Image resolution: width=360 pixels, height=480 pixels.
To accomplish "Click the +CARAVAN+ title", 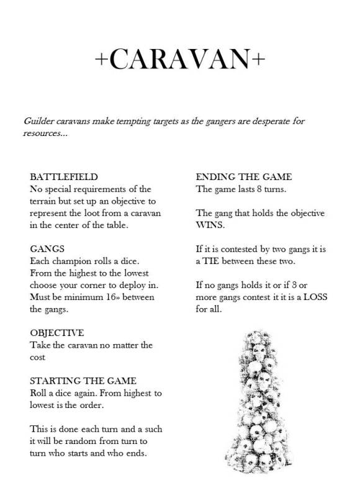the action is coord(180,60).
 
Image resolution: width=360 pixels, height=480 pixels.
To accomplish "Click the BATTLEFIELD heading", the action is coord(64,177).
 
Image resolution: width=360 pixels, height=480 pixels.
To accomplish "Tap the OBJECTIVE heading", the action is coord(56,333).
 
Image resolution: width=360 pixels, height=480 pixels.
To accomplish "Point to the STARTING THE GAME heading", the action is coord(83,381).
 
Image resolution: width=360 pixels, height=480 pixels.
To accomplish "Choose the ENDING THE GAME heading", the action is coord(244,177).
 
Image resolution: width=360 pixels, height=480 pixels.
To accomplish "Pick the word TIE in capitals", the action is coord(222,261).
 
